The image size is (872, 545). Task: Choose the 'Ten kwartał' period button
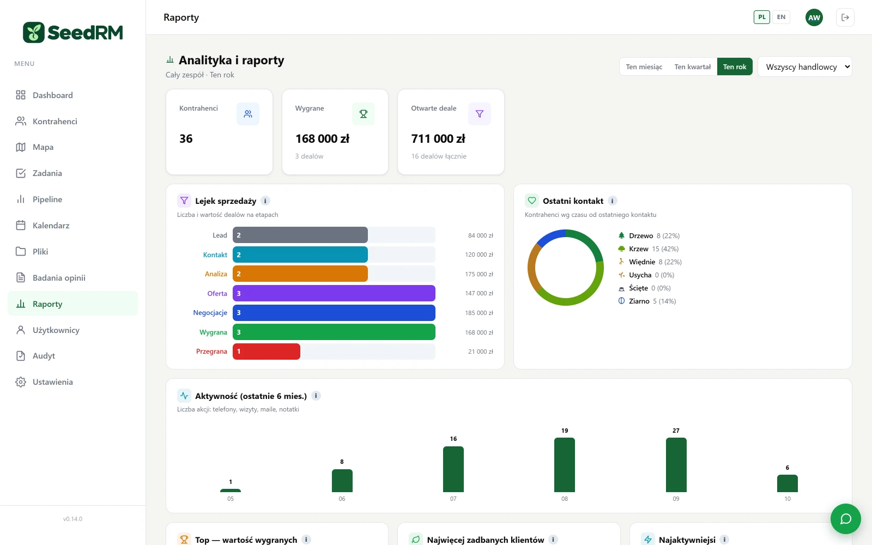click(692, 66)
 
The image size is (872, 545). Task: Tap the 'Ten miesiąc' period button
click(644, 66)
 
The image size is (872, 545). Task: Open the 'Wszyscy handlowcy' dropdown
click(804, 66)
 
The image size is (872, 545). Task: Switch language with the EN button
click(781, 17)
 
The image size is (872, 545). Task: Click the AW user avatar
click(814, 17)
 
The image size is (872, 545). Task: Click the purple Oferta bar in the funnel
click(334, 293)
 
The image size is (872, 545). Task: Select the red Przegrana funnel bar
click(267, 351)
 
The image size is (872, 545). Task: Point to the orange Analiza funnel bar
click(300, 274)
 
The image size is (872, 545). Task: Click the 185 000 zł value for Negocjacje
click(479, 313)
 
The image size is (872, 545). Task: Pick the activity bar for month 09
click(676, 465)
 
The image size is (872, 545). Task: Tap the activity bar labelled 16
click(453, 469)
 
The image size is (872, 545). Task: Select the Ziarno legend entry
click(646, 301)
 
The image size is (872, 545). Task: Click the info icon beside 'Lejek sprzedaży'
click(265, 201)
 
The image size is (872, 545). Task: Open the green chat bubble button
click(845, 518)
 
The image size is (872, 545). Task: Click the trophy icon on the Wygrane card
click(363, 114)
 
